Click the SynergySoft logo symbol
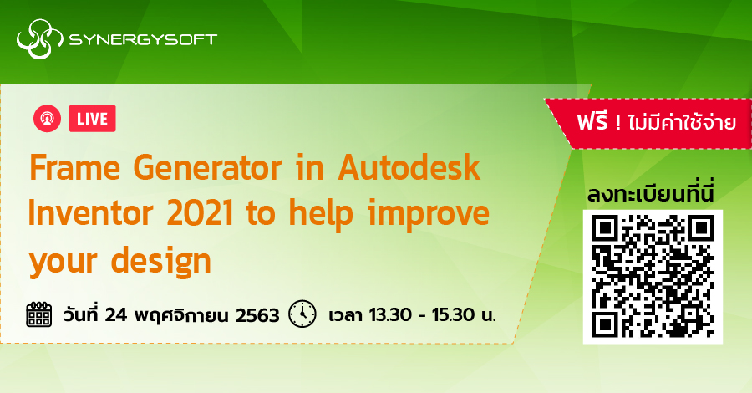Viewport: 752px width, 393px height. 36,40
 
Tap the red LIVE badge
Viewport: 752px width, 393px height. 91,119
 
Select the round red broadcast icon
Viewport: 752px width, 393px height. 47,119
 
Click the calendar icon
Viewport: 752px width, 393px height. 39,315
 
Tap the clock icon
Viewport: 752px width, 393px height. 302,315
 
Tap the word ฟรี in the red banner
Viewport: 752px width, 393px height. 594,123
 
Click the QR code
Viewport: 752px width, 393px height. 652,276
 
